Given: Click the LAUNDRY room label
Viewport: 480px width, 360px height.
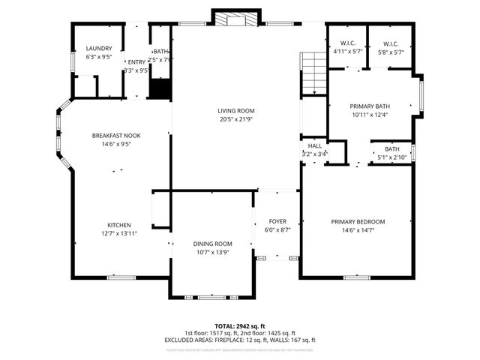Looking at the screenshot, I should (98, 49).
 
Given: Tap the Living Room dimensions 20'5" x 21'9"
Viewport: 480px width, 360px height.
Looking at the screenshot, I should (237, 119).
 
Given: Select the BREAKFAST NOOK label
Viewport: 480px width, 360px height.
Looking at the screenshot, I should (116, 136).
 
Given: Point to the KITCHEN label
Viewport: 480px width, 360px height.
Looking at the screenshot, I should (119, 226).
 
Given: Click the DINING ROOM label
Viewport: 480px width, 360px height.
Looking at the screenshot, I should (214, 244).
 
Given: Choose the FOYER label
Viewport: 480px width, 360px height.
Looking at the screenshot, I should (277, 222).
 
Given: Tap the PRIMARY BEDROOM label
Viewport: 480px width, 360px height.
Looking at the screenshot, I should (358, 222).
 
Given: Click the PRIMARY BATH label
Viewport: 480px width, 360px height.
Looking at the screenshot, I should (370, 106).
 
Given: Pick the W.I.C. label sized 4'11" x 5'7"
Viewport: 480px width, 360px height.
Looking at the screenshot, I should (346, 43).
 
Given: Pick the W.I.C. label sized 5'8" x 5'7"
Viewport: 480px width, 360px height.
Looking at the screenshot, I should (388, 43).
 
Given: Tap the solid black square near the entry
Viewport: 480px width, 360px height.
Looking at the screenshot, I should (160, 88).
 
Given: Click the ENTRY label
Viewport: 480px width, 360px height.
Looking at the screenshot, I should (136, 62).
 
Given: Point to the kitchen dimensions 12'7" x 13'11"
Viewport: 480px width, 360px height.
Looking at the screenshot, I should (119, 235).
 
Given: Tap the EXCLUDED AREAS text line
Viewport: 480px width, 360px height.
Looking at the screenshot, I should (239, 340).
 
